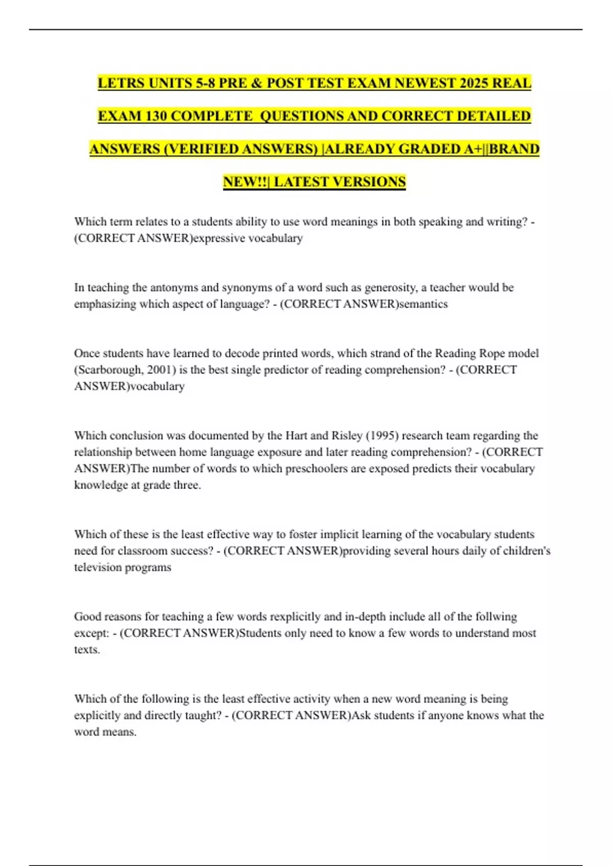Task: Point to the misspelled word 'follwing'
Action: [x=496, y=617]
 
